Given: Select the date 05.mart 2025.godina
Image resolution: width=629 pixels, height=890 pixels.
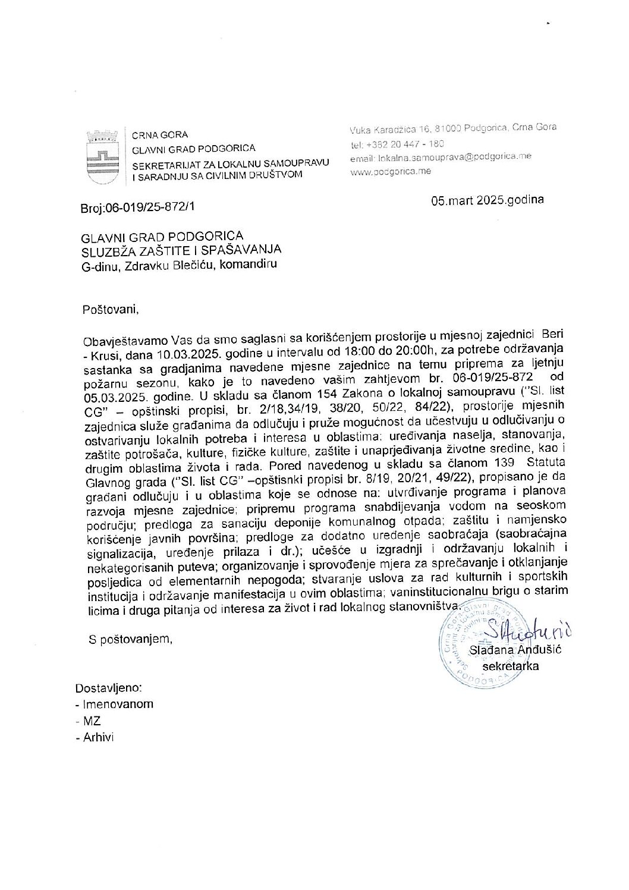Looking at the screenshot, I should click(x=487, y=200).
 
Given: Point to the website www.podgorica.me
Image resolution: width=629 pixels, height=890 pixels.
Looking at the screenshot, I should click(x=391, y=171).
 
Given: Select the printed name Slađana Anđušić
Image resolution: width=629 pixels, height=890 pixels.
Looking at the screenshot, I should click(x=515, y=650).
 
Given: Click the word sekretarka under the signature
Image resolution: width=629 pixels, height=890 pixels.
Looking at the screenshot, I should click(x=511, y=666).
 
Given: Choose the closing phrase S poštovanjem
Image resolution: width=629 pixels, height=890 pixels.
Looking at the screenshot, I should click(x=130, y=639).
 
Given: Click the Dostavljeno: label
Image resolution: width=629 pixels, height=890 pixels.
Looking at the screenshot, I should click(x=109, y=688).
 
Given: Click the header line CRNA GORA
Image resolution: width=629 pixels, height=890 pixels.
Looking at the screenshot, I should click(x=159, y=135).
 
